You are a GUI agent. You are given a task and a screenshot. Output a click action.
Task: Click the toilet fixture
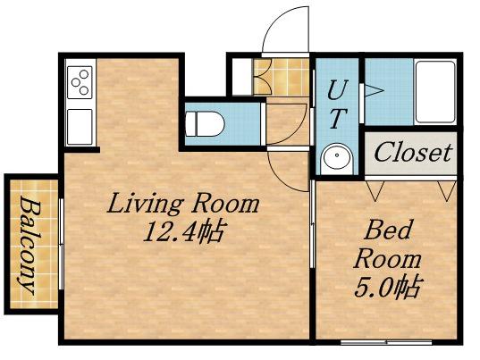pos(205,124)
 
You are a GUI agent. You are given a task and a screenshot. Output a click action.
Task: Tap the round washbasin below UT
pos(337,159)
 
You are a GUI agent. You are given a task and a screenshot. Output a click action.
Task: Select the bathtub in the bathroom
pos(435,92)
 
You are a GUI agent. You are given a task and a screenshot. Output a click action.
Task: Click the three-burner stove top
pos(80,82)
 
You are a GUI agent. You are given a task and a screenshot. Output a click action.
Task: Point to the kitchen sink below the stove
pos(80,127)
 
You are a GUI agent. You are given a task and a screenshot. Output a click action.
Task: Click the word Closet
pos(413,153)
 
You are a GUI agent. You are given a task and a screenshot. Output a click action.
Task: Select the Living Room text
pos(183,204)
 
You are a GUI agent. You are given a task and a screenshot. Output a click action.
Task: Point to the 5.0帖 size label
pos(387,288)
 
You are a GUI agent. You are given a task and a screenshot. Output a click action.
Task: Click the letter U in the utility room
pos(338,89)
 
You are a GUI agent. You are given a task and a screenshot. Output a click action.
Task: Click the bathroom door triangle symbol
pos(374,90)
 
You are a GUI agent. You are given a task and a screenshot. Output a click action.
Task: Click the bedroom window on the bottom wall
pos(386,341)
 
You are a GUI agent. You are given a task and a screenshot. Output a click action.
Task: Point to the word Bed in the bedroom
pos(387,230)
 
